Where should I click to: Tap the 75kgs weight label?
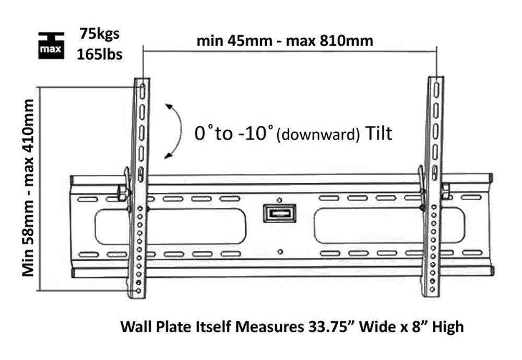(x=100, y=34)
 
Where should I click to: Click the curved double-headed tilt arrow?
(x=174, y=131)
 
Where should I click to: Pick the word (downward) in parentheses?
(x=318, y=135)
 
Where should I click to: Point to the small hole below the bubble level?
(x=280, y=251)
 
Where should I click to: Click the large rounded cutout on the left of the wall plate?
(x=196, y=226)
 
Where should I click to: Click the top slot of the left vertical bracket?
(x=140, y=89)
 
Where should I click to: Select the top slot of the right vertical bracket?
(x=435, y=89)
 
